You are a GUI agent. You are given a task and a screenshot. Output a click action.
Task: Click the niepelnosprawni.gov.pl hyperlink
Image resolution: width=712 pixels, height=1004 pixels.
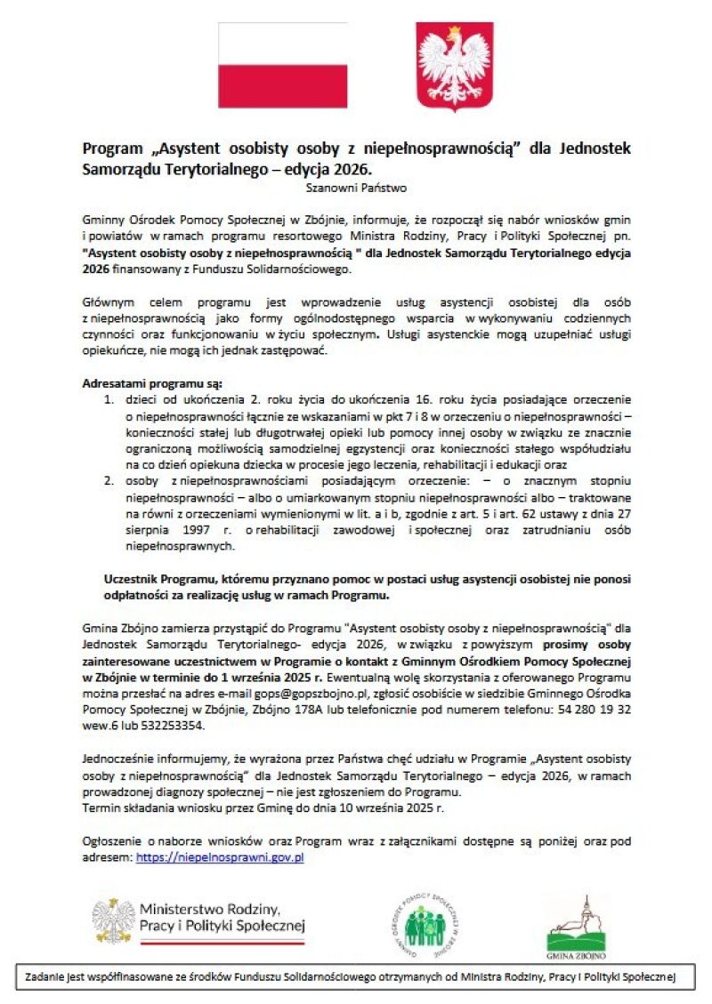pos(220,858)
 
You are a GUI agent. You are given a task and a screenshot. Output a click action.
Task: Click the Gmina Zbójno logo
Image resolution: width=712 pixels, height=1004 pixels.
pos(575,928)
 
